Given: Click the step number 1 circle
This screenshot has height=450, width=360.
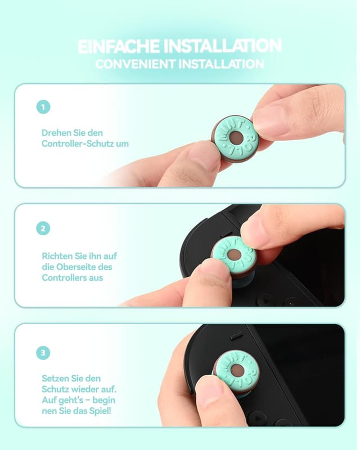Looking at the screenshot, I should coord(43,107).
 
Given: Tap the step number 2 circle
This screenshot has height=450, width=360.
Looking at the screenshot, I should coord(43,228).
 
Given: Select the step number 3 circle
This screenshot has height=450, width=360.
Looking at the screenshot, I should coord(43,353).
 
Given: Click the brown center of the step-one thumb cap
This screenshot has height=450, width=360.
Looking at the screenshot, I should coord(236,138).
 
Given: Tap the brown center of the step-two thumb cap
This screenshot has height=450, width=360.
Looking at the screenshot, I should coord(234,255).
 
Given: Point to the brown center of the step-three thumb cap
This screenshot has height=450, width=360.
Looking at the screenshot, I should coord(237,370).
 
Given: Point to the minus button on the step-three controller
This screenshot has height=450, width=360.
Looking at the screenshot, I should coord(237,336).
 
